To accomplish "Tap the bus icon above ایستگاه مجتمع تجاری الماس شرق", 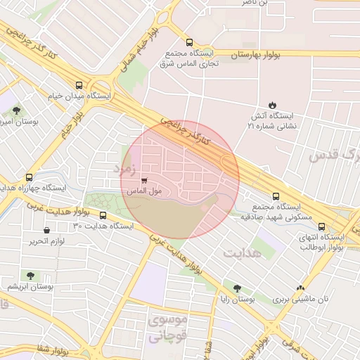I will click(189, 42).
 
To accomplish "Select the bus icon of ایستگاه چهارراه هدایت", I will click(29, 178).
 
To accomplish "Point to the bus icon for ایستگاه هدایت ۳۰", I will click(103, 216).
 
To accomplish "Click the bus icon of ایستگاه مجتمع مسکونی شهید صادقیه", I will click(275, 197).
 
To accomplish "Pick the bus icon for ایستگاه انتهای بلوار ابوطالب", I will click(321, 227).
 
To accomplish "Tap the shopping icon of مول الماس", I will click(145, 180).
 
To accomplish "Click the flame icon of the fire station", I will click(272, 105).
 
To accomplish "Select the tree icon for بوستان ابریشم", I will click(30, 276).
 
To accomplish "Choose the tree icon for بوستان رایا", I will click(237, 288).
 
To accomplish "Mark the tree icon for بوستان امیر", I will click(17, 110).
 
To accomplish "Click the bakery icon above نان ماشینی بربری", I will click(301, 288).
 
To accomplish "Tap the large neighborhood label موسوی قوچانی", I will click(169, 328).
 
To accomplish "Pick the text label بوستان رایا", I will click(236, 300).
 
